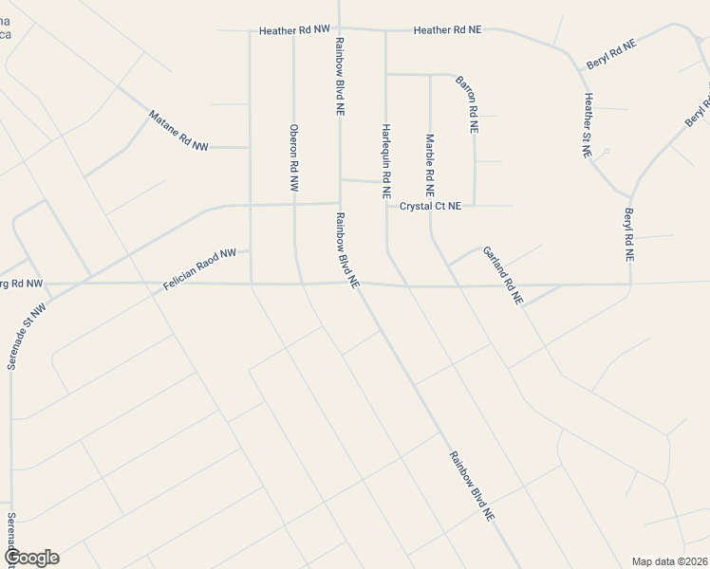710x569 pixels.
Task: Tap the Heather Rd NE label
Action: pyautogui.click(x=447, y=30)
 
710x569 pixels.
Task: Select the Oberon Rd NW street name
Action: pyautogui.click(x=294, y=159)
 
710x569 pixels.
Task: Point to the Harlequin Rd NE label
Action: pyautogui.click(x=386, y=159)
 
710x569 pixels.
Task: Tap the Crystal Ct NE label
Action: pyautogui.click(x=430, y=206)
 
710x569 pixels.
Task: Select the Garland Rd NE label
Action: pyautogui.click(x=503, y=275)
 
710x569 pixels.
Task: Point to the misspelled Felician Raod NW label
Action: pyautogui.click(x=198, y=269)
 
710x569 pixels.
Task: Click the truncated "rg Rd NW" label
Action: pyautogui.click(x=21, y=283)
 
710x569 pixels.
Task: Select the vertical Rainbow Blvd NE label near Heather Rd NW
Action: pyautogui.click(x=339, y=76)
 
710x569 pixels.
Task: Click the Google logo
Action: pyautogui.click(x=30, y=558)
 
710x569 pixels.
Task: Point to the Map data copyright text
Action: pyautogui.click(x=670, y=560)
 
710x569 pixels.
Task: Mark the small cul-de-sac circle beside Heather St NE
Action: pyautogui.click(x=606, y=151)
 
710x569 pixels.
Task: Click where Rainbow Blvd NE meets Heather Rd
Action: pyautogui.click(x=339, y=28)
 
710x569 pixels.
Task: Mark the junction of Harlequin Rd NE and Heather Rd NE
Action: pyautogui.click(x=385, y=30)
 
